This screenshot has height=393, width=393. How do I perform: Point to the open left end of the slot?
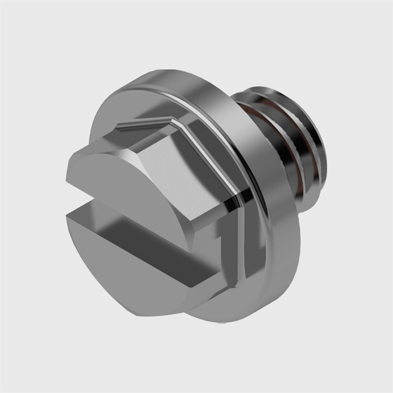(74, 205)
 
